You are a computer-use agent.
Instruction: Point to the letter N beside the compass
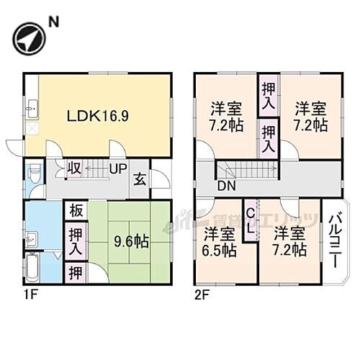52,22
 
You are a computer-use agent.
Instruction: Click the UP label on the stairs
118,170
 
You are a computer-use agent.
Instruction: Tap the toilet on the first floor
32,176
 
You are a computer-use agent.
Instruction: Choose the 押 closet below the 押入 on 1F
75,272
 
